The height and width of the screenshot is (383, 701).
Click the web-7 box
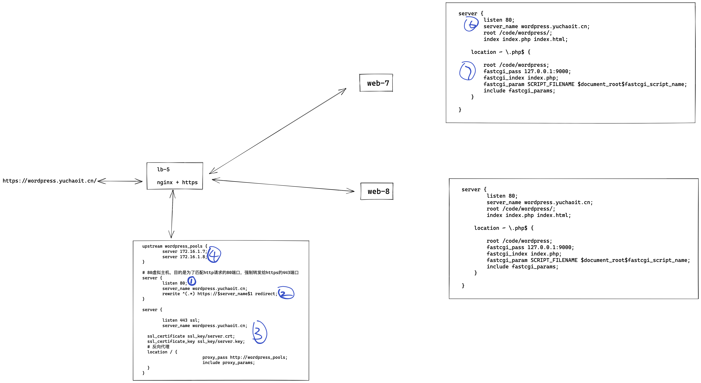376,83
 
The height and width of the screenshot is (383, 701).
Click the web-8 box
377,191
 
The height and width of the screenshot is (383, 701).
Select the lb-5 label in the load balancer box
163,169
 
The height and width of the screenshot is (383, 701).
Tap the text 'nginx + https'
177,182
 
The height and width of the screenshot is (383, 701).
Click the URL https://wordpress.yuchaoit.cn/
49,181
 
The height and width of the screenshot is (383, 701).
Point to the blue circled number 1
192,281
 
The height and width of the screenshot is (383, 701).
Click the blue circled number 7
467,71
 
